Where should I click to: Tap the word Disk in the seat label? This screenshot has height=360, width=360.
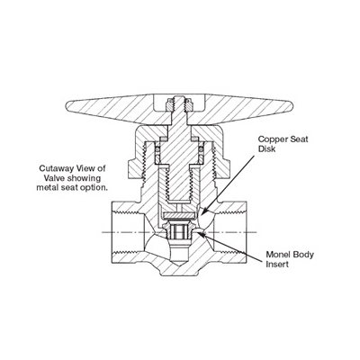(x=266, y=148)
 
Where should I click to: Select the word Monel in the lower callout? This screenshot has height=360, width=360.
(x=274, y=255)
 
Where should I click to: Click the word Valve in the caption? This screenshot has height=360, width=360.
(x=53, y=178)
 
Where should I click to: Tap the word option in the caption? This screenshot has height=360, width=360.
(x=96, y=188)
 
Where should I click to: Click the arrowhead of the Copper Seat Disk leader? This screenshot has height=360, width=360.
(x=202, y=213)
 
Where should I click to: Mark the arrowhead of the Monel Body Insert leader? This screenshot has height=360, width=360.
(x=201, y=233)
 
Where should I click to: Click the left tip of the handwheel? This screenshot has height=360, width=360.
(x=67, y=104)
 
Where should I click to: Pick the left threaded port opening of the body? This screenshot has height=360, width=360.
(x=127, y=232)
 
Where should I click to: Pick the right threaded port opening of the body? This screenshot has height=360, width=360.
(x=230, y=232)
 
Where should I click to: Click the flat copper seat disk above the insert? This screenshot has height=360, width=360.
(x=179, y=215)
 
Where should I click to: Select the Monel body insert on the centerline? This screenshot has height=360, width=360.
(x=179, y=231)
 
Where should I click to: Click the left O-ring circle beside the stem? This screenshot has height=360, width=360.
(x=157, y=148)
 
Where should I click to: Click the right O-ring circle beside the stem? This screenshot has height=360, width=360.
(x=201, y=148)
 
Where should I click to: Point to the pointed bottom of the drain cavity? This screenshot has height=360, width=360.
(x=179, y=265)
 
